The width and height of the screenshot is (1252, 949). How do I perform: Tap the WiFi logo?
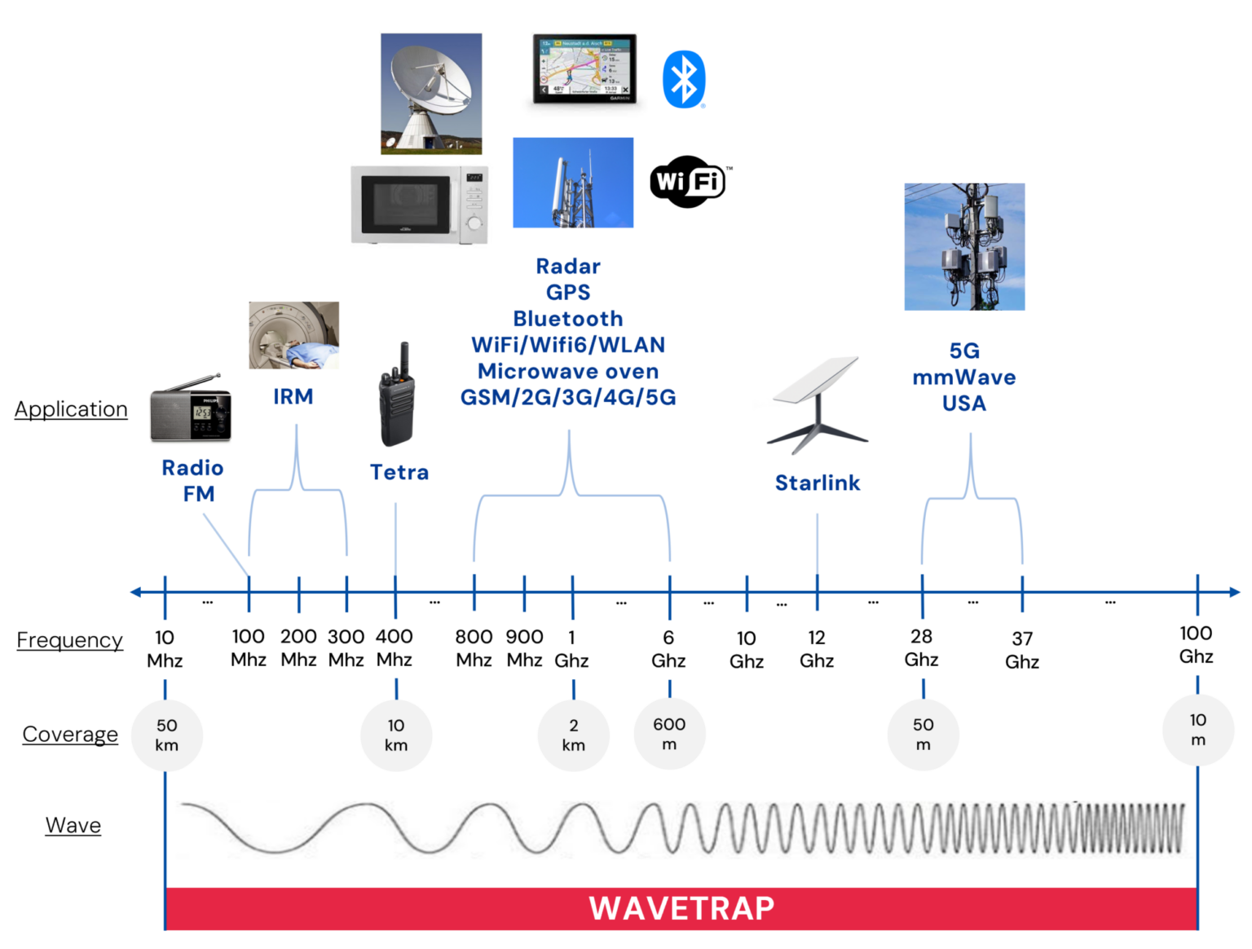[690, 181]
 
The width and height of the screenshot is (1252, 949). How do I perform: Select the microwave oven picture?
[419, 207]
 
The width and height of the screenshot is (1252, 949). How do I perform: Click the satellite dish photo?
[431, 93]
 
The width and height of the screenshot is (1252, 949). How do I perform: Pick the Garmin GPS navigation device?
[584, 69]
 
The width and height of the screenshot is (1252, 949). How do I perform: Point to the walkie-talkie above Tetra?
[396, 395]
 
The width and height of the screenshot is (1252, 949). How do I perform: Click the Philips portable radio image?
[191, 408]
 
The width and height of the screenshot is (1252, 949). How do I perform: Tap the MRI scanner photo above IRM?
[293, 335]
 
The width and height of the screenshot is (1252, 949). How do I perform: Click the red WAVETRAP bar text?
[681, 908]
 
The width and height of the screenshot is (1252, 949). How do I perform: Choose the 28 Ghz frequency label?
[921, 648]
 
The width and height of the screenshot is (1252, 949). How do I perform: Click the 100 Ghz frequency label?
[1196, 645]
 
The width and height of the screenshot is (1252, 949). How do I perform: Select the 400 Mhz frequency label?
[395, 648]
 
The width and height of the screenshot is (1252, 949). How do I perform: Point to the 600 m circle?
[669, 734]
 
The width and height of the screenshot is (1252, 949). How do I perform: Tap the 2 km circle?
[573, 735]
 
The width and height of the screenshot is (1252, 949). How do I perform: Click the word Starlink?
[818, 483]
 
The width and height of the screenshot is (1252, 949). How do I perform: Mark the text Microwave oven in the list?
[567, 372]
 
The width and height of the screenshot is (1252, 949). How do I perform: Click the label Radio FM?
[193, 480]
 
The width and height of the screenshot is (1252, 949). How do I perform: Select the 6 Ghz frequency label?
[668, 649]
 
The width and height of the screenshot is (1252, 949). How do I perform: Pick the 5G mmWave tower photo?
[964, 246]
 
